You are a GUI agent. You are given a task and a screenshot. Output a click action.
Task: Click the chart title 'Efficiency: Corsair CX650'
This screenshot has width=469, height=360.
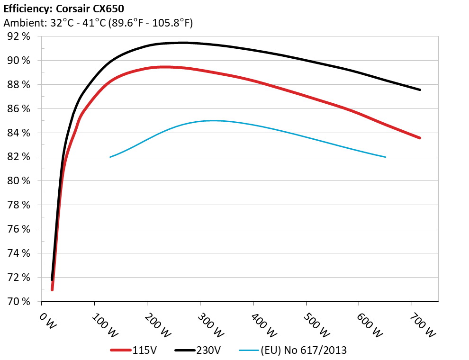click(64, 9)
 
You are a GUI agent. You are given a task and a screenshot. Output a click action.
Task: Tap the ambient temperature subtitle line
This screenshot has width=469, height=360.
click(98, 23)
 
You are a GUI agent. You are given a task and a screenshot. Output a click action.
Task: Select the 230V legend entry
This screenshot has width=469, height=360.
click(197, 350)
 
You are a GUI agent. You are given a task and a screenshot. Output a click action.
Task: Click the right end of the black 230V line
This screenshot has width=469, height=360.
click(420, 90)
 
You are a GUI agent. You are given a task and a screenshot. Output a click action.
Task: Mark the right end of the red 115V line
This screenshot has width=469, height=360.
click(420, 138)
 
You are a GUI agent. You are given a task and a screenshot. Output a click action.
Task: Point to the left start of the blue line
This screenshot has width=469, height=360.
click(110, 157)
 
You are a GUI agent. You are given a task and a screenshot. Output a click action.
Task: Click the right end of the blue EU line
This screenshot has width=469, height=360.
click(386, 157)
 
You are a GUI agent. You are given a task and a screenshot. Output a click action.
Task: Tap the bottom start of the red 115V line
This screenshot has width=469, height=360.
click(52, 289)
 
